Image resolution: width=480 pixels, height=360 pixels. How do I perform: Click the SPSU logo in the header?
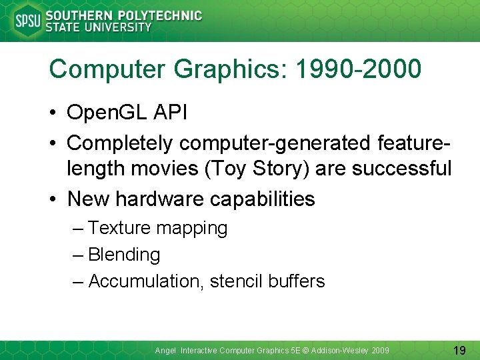tap(27, 21)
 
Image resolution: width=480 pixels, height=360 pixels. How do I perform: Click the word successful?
tap(402, 169)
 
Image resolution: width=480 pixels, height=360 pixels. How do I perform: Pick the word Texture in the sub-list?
tap(119, 228)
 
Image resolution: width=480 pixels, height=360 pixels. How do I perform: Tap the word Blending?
tap(124, 255)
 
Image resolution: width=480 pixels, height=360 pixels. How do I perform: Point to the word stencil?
tap(236, 281)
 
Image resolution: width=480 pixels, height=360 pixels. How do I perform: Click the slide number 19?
tap(459, 349)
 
